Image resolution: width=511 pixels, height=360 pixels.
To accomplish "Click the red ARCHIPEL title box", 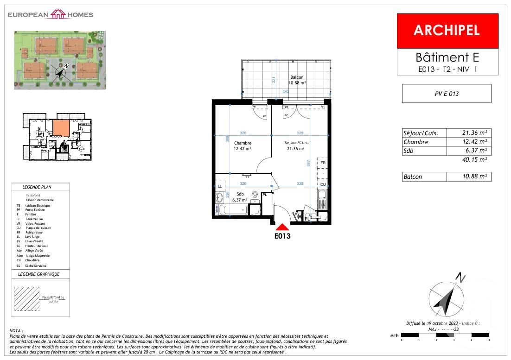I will (447, 31).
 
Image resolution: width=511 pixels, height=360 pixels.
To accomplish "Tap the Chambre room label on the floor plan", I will (243, 143).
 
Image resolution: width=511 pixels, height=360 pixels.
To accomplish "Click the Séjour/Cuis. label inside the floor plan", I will (297, 143).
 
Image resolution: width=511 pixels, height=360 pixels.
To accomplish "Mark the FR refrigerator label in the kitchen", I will (323, 163).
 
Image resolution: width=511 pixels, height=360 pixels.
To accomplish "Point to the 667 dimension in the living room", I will (309, 163).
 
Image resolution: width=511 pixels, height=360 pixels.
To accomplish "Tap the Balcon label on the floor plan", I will (297, 77).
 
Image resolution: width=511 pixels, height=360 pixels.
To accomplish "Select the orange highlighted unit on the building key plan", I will (61, 127).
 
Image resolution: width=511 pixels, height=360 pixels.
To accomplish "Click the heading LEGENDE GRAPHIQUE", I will (39, 274).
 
